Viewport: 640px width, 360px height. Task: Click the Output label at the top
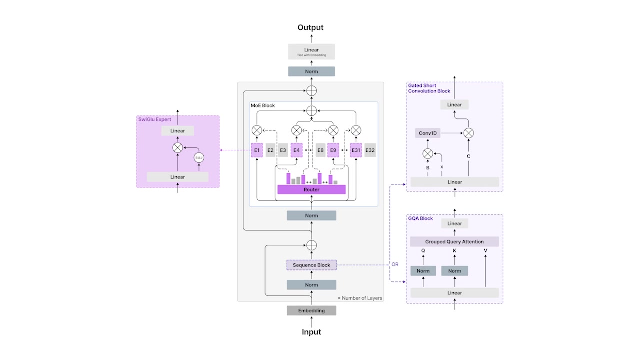pyautogui.click(x=310, y=28)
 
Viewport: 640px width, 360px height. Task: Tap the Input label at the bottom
pyautogui.click(x=311, y=332)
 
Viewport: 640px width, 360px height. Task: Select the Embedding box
pyautogui.click(x=311, y=311)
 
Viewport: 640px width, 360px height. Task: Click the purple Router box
pyautogui.click(x=311, y=190)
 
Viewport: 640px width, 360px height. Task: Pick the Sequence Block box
pyautogui.click(x=311, y=265)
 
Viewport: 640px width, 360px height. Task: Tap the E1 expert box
pyautogui.click(x=257, y=150)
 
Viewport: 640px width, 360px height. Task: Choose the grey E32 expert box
pyautogui.click(x=370, y=150)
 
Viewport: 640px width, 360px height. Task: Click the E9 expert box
pyautogui.click(x=333, y=150)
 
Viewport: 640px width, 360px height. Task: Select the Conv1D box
pyautogui.click(x=427, y=133)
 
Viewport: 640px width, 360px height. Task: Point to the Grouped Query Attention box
pyautogui.click(x=454, y=242)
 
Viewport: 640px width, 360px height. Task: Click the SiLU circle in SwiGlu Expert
pyautogui.click(x=199, y=157)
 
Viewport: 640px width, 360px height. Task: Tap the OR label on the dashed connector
pyautogui.click(x=395, y=264)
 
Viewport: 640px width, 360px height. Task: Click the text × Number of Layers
pyautogui.click(x=360, y=298)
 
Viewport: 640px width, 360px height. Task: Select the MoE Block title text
pyautogui.click(x=263, y=106)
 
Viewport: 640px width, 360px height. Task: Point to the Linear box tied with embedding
pyautogui.click(x=311, y=52)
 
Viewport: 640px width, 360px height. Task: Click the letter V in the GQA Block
pyautogui.click(x=485, y=251)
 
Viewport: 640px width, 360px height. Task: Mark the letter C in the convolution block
pyautogui.click(x=468, y=156)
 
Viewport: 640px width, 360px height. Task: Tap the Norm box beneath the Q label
pyautogui.click(x=423, y=271)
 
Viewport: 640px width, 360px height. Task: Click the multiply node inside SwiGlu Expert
pyautogui.click(x=177, y=147)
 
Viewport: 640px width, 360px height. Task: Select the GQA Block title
pyautogui.click(x=420, y=219)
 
